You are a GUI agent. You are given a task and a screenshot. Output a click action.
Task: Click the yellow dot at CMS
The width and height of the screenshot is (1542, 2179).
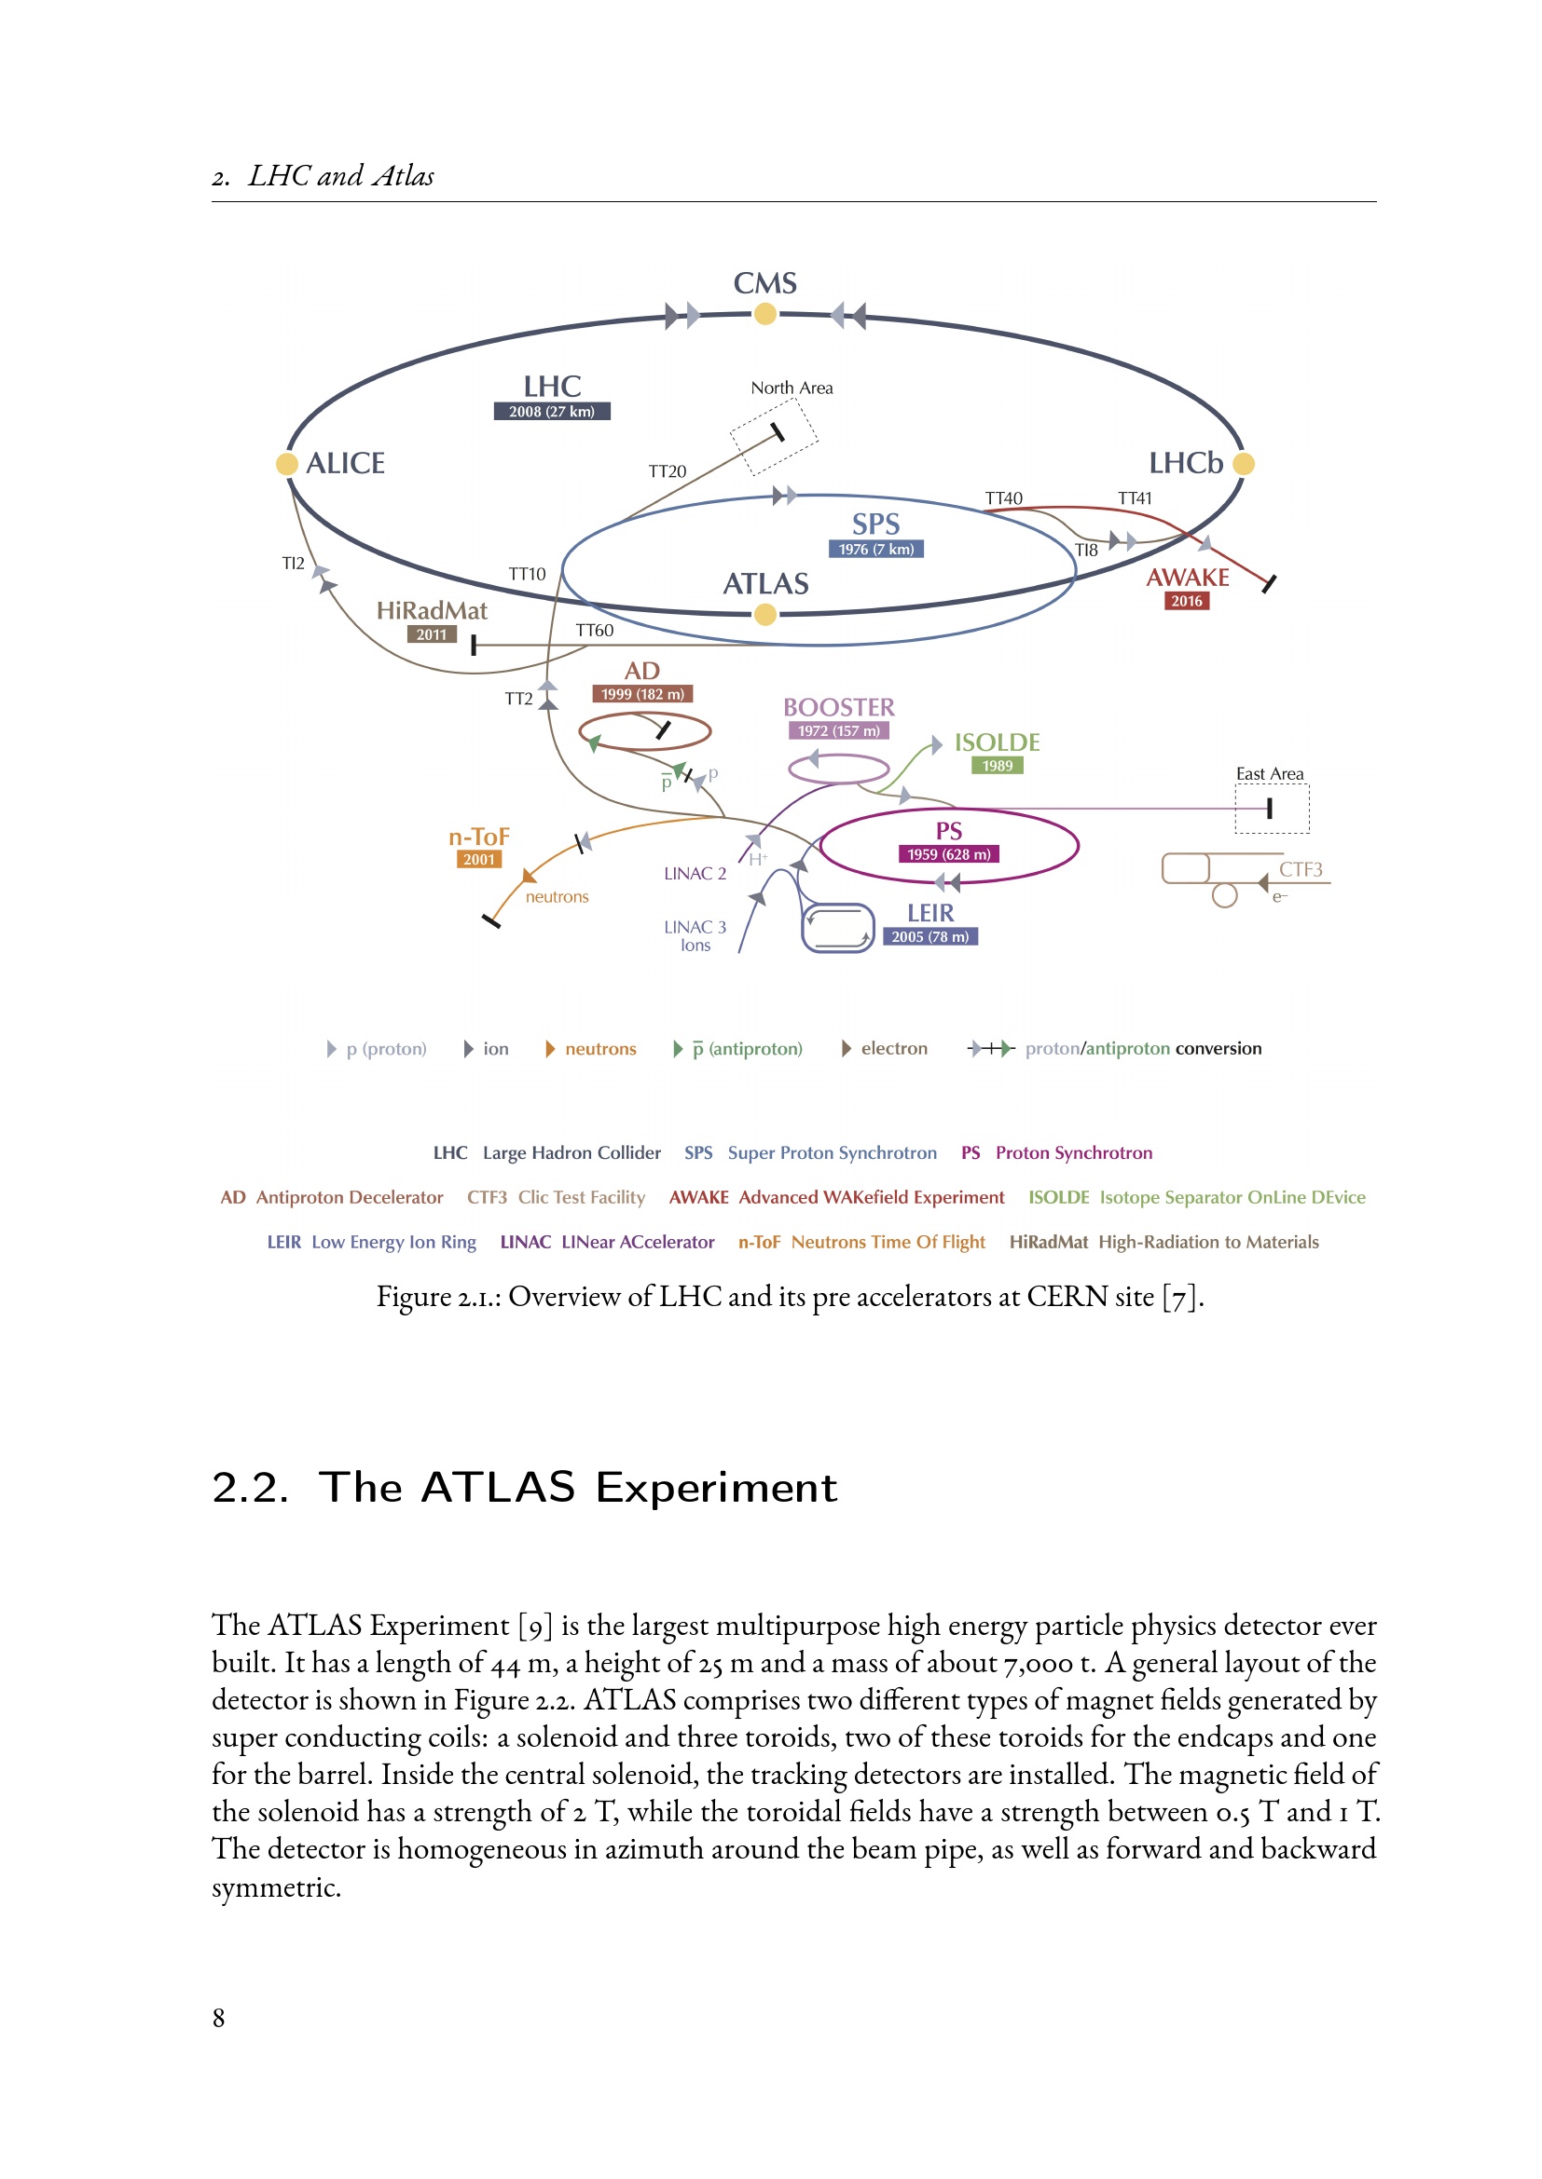coord(765,314)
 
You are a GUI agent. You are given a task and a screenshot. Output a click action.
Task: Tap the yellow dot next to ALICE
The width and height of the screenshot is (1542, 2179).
coord(287,464)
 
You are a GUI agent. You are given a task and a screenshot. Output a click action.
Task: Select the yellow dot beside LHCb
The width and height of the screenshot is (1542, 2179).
coord(1244,464)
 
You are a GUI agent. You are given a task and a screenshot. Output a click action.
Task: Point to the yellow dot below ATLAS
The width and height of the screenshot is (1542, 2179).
coord(765,615)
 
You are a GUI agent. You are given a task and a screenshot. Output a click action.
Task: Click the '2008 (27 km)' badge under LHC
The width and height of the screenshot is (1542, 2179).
coord(552,412)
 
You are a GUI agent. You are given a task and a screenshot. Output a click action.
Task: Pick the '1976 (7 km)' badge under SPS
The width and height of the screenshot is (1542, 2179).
coord(875,550)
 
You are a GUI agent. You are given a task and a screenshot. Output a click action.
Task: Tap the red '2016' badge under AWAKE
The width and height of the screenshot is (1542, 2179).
coord(1186,601)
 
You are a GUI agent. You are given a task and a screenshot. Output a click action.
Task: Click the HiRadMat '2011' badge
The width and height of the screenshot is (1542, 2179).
coord(431,634)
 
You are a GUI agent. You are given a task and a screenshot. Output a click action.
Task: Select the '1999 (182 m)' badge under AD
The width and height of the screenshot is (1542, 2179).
coord(641,695)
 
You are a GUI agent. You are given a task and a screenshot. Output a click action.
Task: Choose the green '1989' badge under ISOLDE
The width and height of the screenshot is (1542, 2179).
coord(997,766)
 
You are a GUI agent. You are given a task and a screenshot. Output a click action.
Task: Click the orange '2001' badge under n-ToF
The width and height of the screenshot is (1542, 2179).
coord(478,860)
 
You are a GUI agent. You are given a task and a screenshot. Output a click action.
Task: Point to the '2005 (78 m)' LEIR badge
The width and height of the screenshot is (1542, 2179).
coord(929,936)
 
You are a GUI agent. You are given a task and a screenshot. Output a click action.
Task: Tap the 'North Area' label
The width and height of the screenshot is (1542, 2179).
coord(791,388)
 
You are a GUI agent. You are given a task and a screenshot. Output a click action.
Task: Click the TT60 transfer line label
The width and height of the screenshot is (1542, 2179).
coord(595,631)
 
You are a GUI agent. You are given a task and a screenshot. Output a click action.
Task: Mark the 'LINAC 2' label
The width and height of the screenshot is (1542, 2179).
coord(695,874)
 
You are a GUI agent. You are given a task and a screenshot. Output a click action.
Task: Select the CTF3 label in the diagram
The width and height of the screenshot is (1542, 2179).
coord(1300,869)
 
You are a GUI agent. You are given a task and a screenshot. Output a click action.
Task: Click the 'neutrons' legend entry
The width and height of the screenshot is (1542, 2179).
coord(600,1049)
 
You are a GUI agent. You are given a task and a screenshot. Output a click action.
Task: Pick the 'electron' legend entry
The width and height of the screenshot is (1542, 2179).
coord(893,1049)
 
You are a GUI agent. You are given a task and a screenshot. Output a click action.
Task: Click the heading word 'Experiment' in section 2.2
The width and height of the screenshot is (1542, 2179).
coord(716,1487)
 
